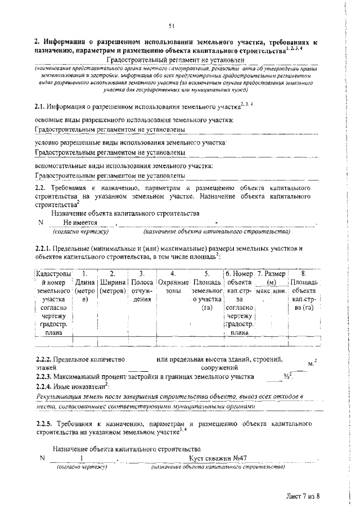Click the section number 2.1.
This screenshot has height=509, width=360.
pyautogui.click(x=39, y=106)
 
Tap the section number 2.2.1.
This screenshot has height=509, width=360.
pyautogui.click(x=43, y=248)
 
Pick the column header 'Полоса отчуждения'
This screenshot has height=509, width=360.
pyautogui.click(x=142, y=286)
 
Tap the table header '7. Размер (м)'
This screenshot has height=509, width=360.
pyautogui.click(x=271, y=277)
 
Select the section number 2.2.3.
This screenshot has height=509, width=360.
pyautogui.click(x=43, y=376)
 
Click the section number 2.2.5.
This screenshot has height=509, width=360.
pyautogui.click(x=43, y=422)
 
